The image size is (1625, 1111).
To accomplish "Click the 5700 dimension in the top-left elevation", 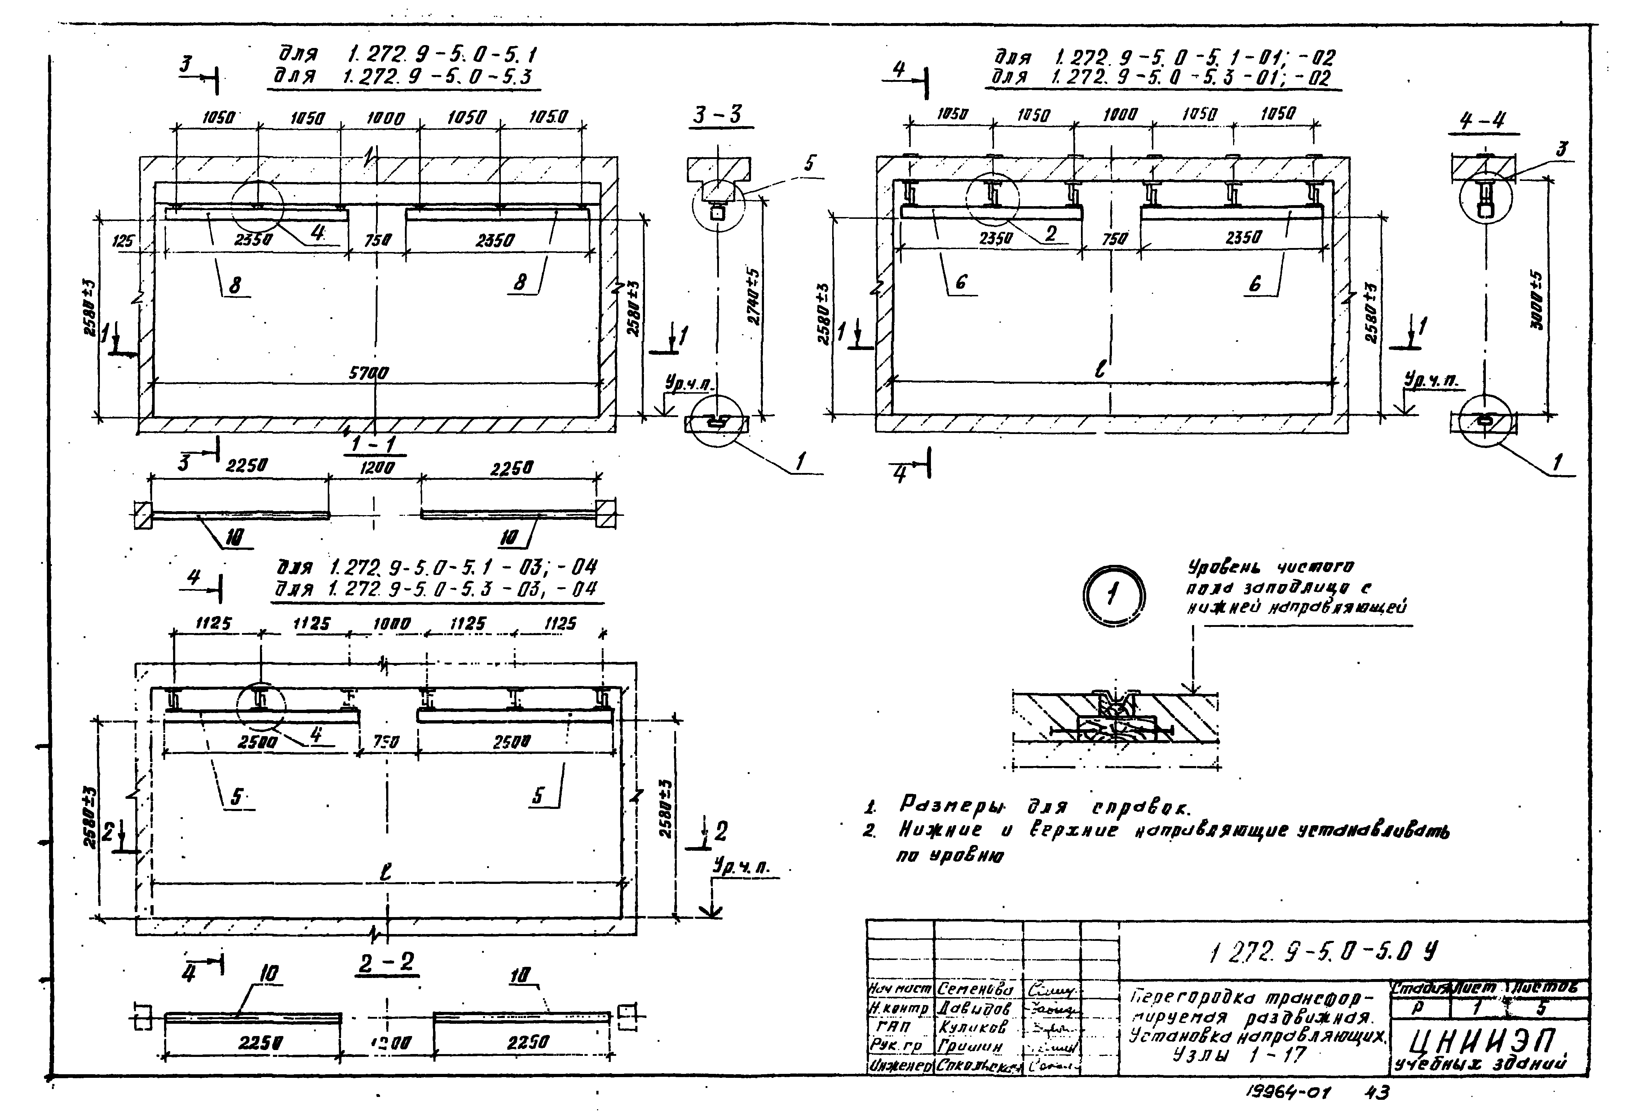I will pyautogui.click(x=368, y=374).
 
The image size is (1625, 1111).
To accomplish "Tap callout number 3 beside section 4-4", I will pyautogui.click(x=1562, y=149).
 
